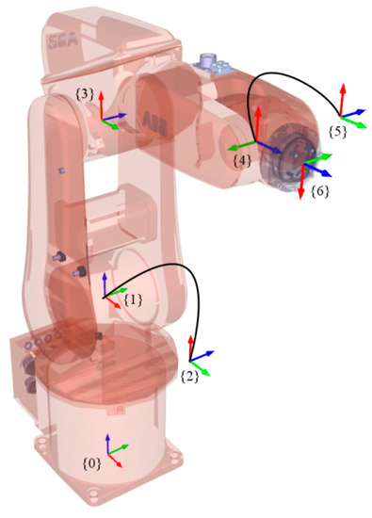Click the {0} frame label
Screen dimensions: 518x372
point(91,464)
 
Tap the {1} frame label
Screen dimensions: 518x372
point(133,299)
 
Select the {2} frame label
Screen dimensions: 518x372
point(189,376)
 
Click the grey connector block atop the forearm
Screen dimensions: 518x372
point(210,62)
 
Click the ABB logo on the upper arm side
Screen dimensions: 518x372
point(154,121)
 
